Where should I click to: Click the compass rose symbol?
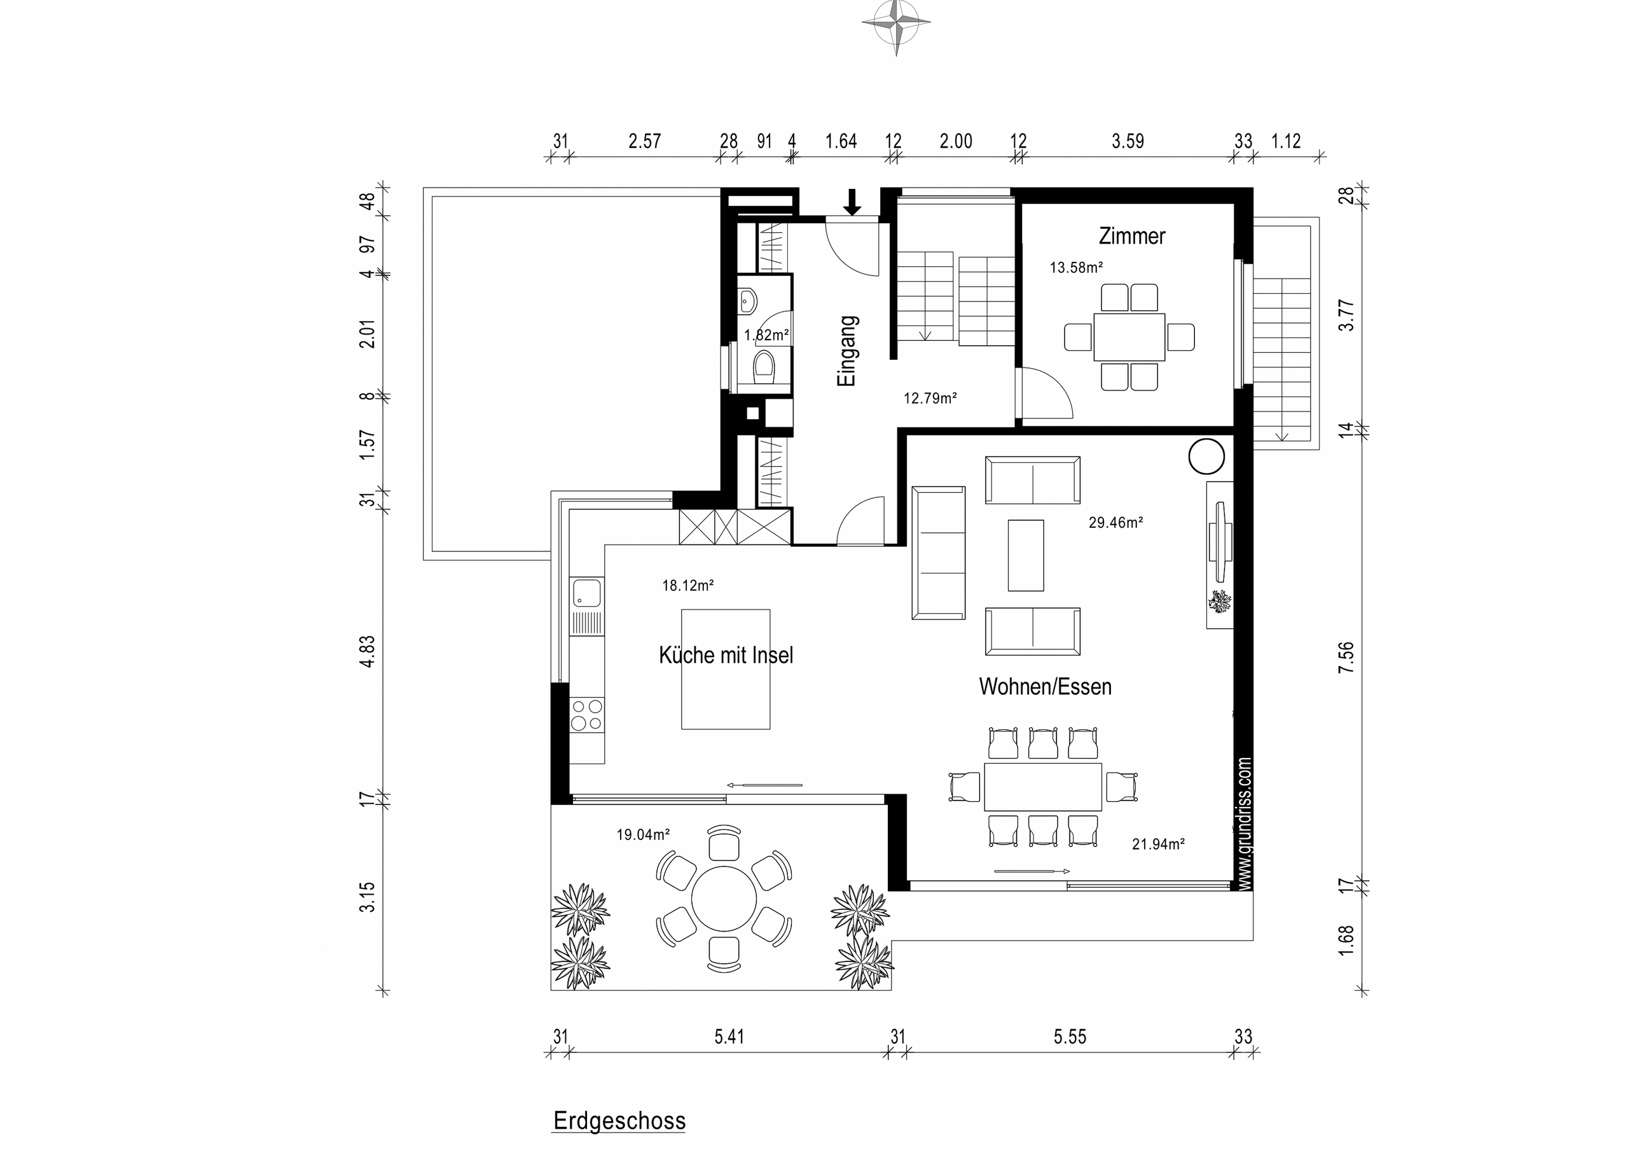tap(896, 26)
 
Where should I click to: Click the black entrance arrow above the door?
tap(852, 202)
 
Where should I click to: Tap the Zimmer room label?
tap(1132, 236)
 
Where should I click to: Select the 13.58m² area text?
tap(1075, 268)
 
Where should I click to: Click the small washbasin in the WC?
tap(747, 301)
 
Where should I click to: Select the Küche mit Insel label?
tap(726, 655)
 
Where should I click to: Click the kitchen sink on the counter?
tap(587, 592)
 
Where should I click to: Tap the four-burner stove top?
tap(587, 715)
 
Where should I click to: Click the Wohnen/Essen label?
tap(1044, 687)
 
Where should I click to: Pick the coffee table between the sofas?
tap(1025, 555)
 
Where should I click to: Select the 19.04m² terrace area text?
tap(642, 835)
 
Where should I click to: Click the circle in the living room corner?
tap(1206, 456)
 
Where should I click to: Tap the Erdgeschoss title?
tap(619, 1121)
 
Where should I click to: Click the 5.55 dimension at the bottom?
tap(1069, 1037)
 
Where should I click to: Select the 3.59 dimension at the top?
tap(1128, 141)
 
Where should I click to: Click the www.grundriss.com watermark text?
tap(1245, 824)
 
